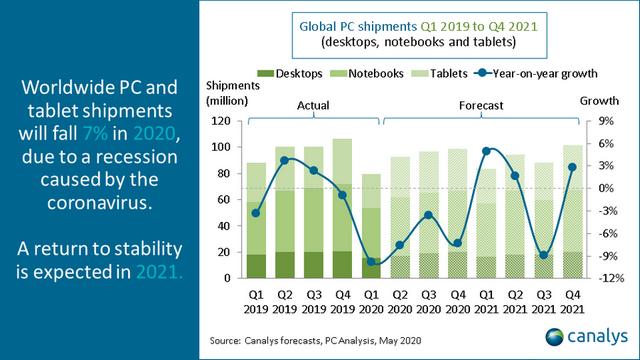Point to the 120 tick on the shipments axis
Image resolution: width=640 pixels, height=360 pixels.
click(221, 121)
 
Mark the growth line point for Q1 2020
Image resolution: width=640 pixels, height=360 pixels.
click(372, 262)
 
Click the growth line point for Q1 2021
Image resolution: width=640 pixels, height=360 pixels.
click(486, 151)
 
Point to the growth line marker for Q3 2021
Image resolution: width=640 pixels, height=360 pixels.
click(543, 255)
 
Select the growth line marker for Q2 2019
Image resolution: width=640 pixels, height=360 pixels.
click(285, 160)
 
